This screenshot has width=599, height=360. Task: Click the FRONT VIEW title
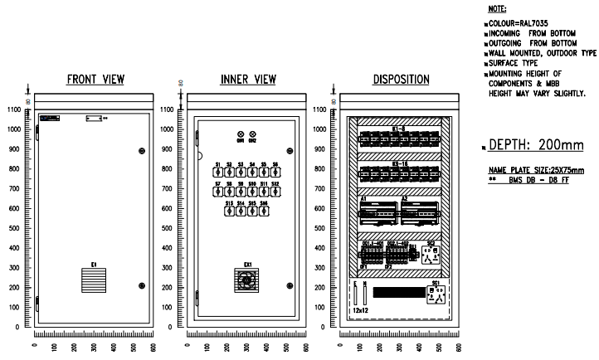point(95,80)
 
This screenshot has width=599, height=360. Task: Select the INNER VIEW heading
point(248,80)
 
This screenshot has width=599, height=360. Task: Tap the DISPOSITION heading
point(401,80)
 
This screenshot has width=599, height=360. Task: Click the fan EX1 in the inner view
point(247,280)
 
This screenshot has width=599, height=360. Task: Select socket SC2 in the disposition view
point(431,254)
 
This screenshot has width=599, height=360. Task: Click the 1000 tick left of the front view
point(13,129)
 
